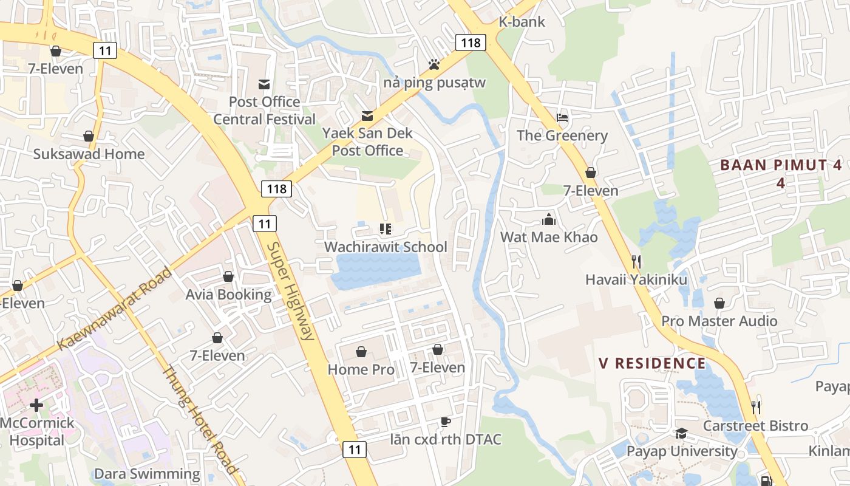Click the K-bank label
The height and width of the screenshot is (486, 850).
pyautogui.click(x=522, y=22)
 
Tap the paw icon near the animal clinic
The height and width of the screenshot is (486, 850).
pyautogui.click(x=433, y=64)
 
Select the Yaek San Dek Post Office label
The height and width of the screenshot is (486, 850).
pyautogui.click(x=367, y=142)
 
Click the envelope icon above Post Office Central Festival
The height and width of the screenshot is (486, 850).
pyautogui.click(x=264, y=84)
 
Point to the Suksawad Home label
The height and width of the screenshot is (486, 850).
pyautogui.click(x=89, y=154)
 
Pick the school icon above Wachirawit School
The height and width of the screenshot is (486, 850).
pyautogui.click(x=385, y=229)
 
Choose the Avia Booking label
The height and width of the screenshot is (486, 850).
pyautogui.click(x=228, y=295)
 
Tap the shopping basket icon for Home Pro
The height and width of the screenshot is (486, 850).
pyautogui.click(x=361, y=352)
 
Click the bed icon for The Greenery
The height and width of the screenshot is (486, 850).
pyautogui.click(x=562, y=117)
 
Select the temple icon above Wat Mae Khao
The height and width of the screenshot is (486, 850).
pyautogui.click(x=549, y=219)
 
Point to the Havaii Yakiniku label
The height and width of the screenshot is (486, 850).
pyautogui.click(x=636, y=279)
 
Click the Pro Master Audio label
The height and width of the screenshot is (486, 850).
pyautogui.click(x=719, y=321)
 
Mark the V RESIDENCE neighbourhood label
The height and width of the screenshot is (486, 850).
pyautogui.click(x=652, y=363)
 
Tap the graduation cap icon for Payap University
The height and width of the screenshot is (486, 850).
pyautogui.click(x=681, y=433)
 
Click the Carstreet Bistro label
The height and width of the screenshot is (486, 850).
pyautogui.click(x=755, y=426)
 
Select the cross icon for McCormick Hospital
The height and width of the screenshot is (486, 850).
pyautogui.click(x=36, y=405)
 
